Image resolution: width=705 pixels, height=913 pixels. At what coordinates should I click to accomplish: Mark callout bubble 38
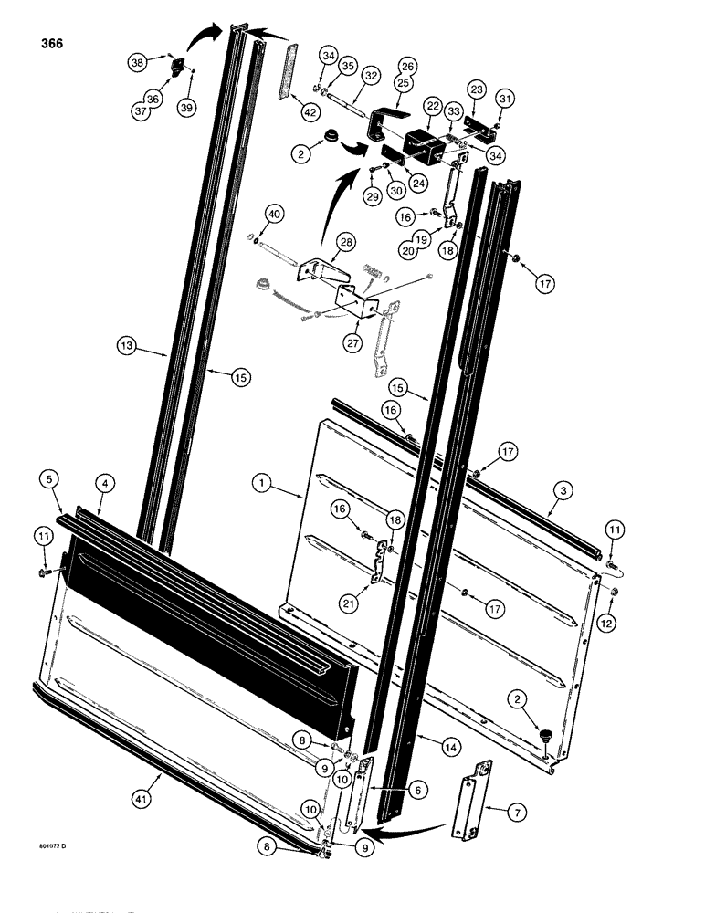pyautogui.click(x=137, y=62)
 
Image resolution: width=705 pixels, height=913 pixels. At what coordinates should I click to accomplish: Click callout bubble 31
pyautogui.click(x=505, y=98)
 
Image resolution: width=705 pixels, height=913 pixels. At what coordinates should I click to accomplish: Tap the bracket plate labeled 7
pyautogui.click(x=472, y=798)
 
